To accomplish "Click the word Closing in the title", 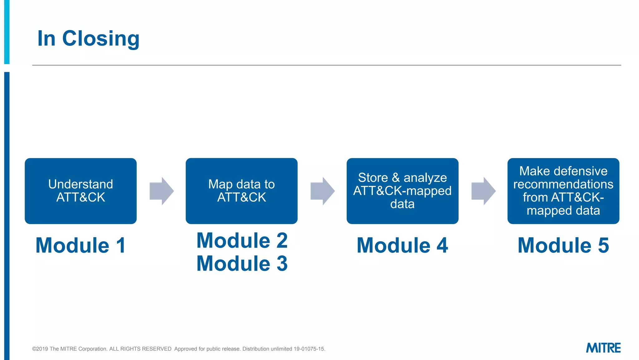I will pyautogui.click(x=100, y=39).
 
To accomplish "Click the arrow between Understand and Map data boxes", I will pyautogui.click(x=161, y=191).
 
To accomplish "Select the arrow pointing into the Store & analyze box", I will pyautogui.click(x=322, y=191).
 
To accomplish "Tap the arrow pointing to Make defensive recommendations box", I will pyautogui.click(x=483, y=191).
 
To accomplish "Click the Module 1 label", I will pyautogui.click(x=80, y=245).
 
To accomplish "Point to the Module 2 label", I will pyautogui.click(x=242, y=241).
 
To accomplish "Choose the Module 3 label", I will pyautogui.click(x=242, y=263).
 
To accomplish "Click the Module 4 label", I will pyautogui.click(x=402, y=245).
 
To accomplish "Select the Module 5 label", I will pyautogui.click(x=563, y=245).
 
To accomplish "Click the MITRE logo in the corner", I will pyautogui.click(x=603, y=348).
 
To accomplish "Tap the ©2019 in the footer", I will pyautogui.click(x=40, y=349).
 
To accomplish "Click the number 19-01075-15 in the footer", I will pyautogui.click(x=309, y=349).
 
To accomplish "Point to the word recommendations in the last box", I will pyautogui.click(x=563, y=184).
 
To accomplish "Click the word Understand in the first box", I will pyautogui.click(x=80, y=184).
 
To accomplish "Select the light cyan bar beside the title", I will pyautogui.click(x=7, y=31).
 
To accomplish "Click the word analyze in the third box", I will pyautogui.click(x=425, y=178).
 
